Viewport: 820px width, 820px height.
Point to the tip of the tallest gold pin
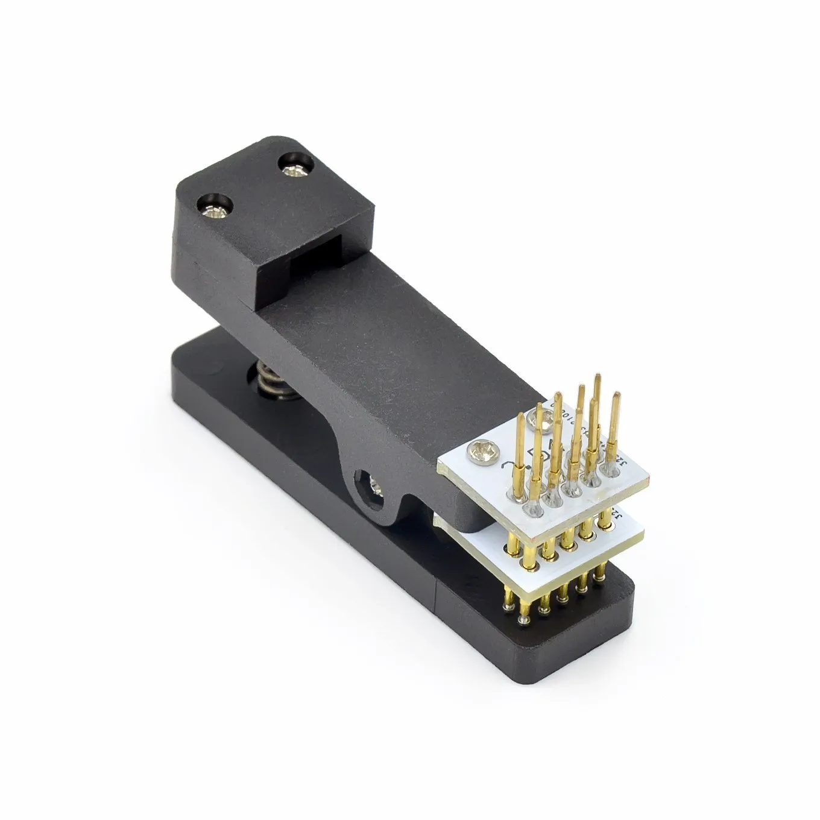click(x=597, y=377)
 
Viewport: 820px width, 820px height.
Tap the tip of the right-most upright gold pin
click(x=616, y=395)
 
